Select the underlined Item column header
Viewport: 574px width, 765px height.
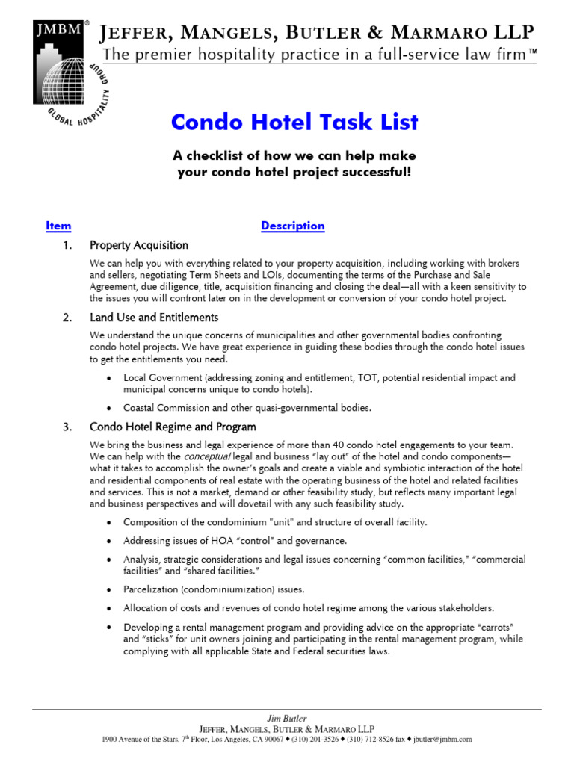58,226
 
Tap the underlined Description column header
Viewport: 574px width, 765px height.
292,226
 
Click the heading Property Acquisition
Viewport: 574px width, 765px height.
139,245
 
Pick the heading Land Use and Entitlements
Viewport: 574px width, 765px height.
153,318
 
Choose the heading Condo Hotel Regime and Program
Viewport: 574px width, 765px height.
173,427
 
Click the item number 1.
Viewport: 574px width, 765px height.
67,245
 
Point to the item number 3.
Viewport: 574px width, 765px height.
67,427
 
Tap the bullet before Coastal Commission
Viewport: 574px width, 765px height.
110,408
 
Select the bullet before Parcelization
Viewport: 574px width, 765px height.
110,589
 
